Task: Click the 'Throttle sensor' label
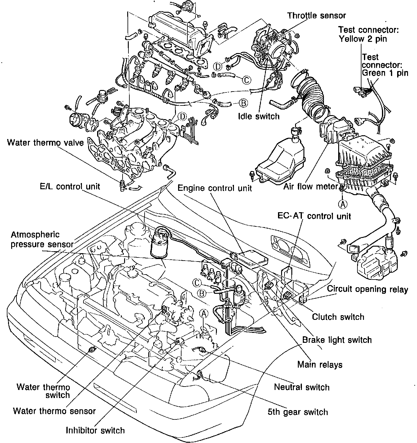tap(316, 15)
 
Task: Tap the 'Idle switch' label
tap(259, 116)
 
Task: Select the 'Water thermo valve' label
tap(45, 143)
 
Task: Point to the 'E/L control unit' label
tap(70, 186)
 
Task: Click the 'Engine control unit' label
tap(215, 188)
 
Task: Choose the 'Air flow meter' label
tap(310, 187)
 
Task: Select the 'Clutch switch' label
tap(338, 317)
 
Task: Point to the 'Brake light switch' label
tap(337, 340)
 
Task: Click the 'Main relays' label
tap(320, 364)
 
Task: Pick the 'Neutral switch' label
tap(302, 387)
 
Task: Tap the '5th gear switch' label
tap(298, 412)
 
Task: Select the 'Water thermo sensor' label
tap(54, 411)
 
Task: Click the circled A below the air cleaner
tap(343, 204)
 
